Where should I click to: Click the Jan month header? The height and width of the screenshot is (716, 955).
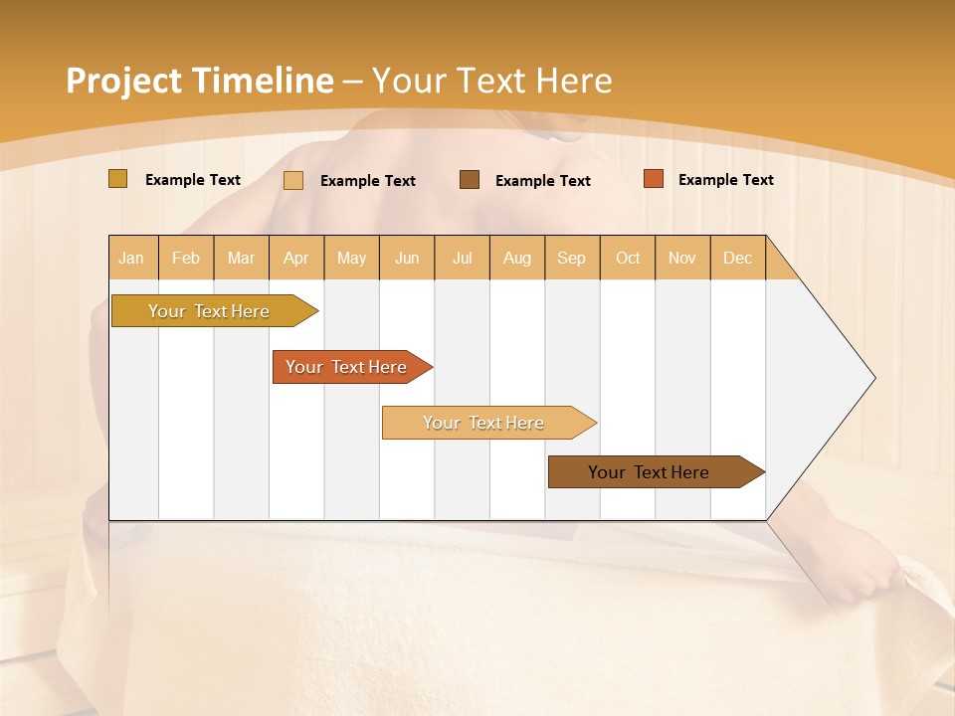pyautogui.click(x=132, y=258)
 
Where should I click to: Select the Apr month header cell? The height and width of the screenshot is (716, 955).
pyautogui.click(x=296, y=258)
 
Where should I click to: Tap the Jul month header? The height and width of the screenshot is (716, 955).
pyautogui.click(x=463, y=258)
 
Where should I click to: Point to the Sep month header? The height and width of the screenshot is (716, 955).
pyautogui.click(x=572, y=258)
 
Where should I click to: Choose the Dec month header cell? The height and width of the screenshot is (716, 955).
pyautogui.click(x=737, y=258)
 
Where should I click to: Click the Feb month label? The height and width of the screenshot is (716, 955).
pyautogui.click(x=186, y=258)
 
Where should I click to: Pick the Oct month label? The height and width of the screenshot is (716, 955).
pyautogui.click(x=628, y=258)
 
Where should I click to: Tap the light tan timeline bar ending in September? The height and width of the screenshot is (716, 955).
pyautogui.click(x=484, y=423)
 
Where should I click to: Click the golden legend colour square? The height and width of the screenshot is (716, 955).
pyautogui.click(x=118, y=179)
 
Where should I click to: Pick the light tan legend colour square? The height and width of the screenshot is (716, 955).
pyautogui.click(x=293, y=180)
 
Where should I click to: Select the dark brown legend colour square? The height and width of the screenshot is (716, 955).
pyautogui.click(x=470, y=180)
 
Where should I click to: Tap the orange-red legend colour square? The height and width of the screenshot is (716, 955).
pyautogui.click(x=654, y=179)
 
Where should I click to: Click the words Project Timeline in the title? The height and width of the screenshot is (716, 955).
pyautogui.click(x=199, y=81)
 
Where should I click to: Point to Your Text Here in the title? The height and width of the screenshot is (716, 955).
pyautogui.click(x=491, y=81)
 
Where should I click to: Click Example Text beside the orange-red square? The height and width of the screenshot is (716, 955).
pyautogui.click(x=725, y=180)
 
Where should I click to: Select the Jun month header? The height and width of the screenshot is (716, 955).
pyautogui.click(x=407, y=258)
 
